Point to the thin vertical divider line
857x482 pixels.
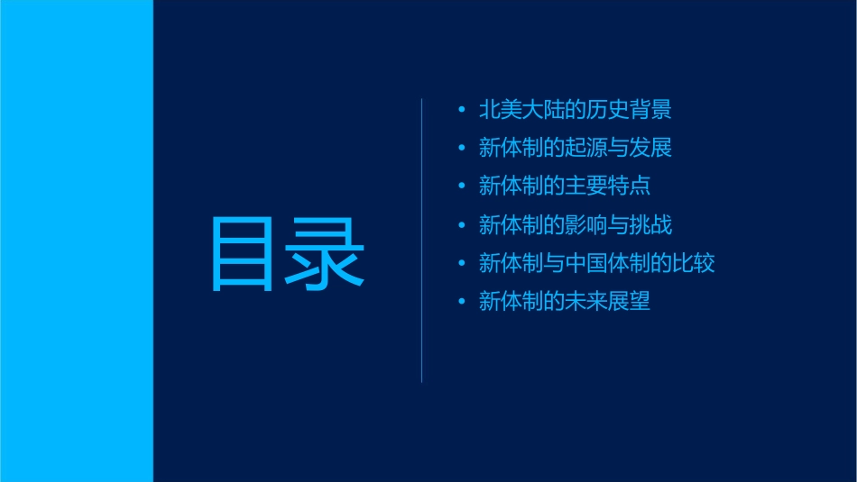pos(422,240)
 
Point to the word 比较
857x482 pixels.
pos(694,263)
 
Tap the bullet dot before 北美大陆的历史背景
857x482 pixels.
pos(462,111)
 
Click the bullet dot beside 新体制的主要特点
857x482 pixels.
pos(462,187)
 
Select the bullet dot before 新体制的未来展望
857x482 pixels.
pos(462,302)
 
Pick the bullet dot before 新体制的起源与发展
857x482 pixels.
pos(462,149)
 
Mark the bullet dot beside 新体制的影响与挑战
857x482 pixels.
pos(462,225)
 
